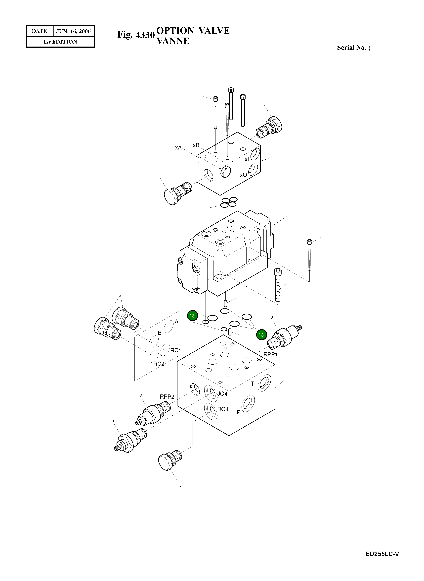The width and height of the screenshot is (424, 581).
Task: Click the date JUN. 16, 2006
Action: (x=73, y=31)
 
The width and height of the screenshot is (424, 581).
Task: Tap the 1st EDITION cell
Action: (x=60, y=42)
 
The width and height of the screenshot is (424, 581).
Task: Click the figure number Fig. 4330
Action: (x=136, y=35)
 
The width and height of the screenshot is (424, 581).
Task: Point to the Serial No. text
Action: (x=353, y=48)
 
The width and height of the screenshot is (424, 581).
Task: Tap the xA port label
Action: (x=178, y=148)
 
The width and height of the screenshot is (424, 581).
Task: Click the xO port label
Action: (x=243, y=175)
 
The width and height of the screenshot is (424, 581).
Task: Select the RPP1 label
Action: (x=270, y=355)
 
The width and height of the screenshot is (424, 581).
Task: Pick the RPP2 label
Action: (x=167, y=397)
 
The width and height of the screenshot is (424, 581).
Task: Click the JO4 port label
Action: (x=222, y=394)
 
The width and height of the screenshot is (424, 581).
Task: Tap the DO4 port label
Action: (x=223, y=409)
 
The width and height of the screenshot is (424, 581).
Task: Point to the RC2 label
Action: (x=159, y=364)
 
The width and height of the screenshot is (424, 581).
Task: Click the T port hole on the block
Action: (x=264, y=383)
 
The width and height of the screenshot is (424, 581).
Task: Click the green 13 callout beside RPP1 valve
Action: (x=261, y=335)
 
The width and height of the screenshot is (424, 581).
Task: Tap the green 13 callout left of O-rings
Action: (x=192, y=316)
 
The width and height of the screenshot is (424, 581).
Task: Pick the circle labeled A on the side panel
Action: (x=169, y=326)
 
